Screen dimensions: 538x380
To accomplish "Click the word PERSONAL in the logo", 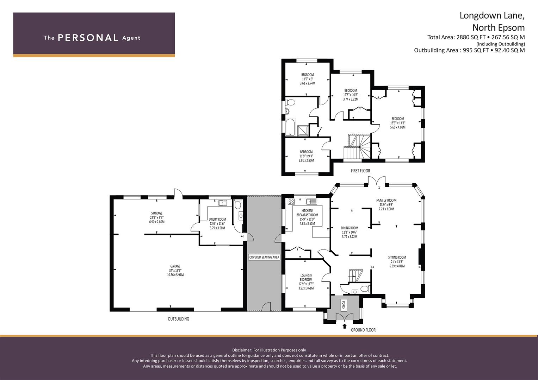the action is (x=88, y=38).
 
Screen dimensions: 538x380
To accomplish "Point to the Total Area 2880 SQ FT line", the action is (x=476, y=37).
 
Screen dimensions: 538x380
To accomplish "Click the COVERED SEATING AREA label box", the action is (x=264, y=257).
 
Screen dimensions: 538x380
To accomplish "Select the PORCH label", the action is (x=343, y=305).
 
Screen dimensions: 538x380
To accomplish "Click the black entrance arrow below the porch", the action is (x=345, y=326).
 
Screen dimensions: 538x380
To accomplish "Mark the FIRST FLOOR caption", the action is (x=360, y=171).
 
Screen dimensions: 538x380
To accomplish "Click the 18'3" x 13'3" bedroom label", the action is (x=398, y=123).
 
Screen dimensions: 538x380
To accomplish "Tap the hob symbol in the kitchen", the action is (x=291, y=202).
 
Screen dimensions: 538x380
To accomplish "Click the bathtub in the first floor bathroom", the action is (x=290, y=127).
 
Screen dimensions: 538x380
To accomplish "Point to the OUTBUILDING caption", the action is (x=179, y=319).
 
